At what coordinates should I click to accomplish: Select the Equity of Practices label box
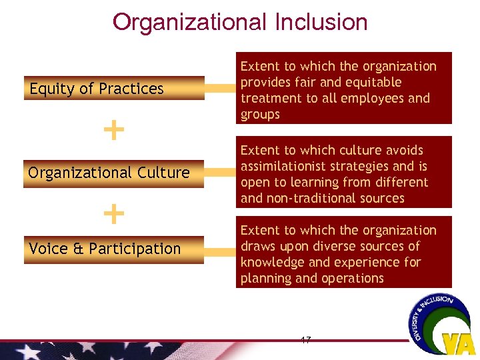(x=114, y=89)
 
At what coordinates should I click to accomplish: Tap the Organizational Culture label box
(x=114, y=173)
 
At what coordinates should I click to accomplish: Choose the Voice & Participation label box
(x=114, y=249)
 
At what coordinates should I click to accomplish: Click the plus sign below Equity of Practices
(x=115, y=130)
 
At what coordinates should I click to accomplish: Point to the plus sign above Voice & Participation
(x=115, y=214)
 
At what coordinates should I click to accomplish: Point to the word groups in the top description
(x=260, y=114)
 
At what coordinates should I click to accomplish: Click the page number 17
(x=305, y=341)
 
